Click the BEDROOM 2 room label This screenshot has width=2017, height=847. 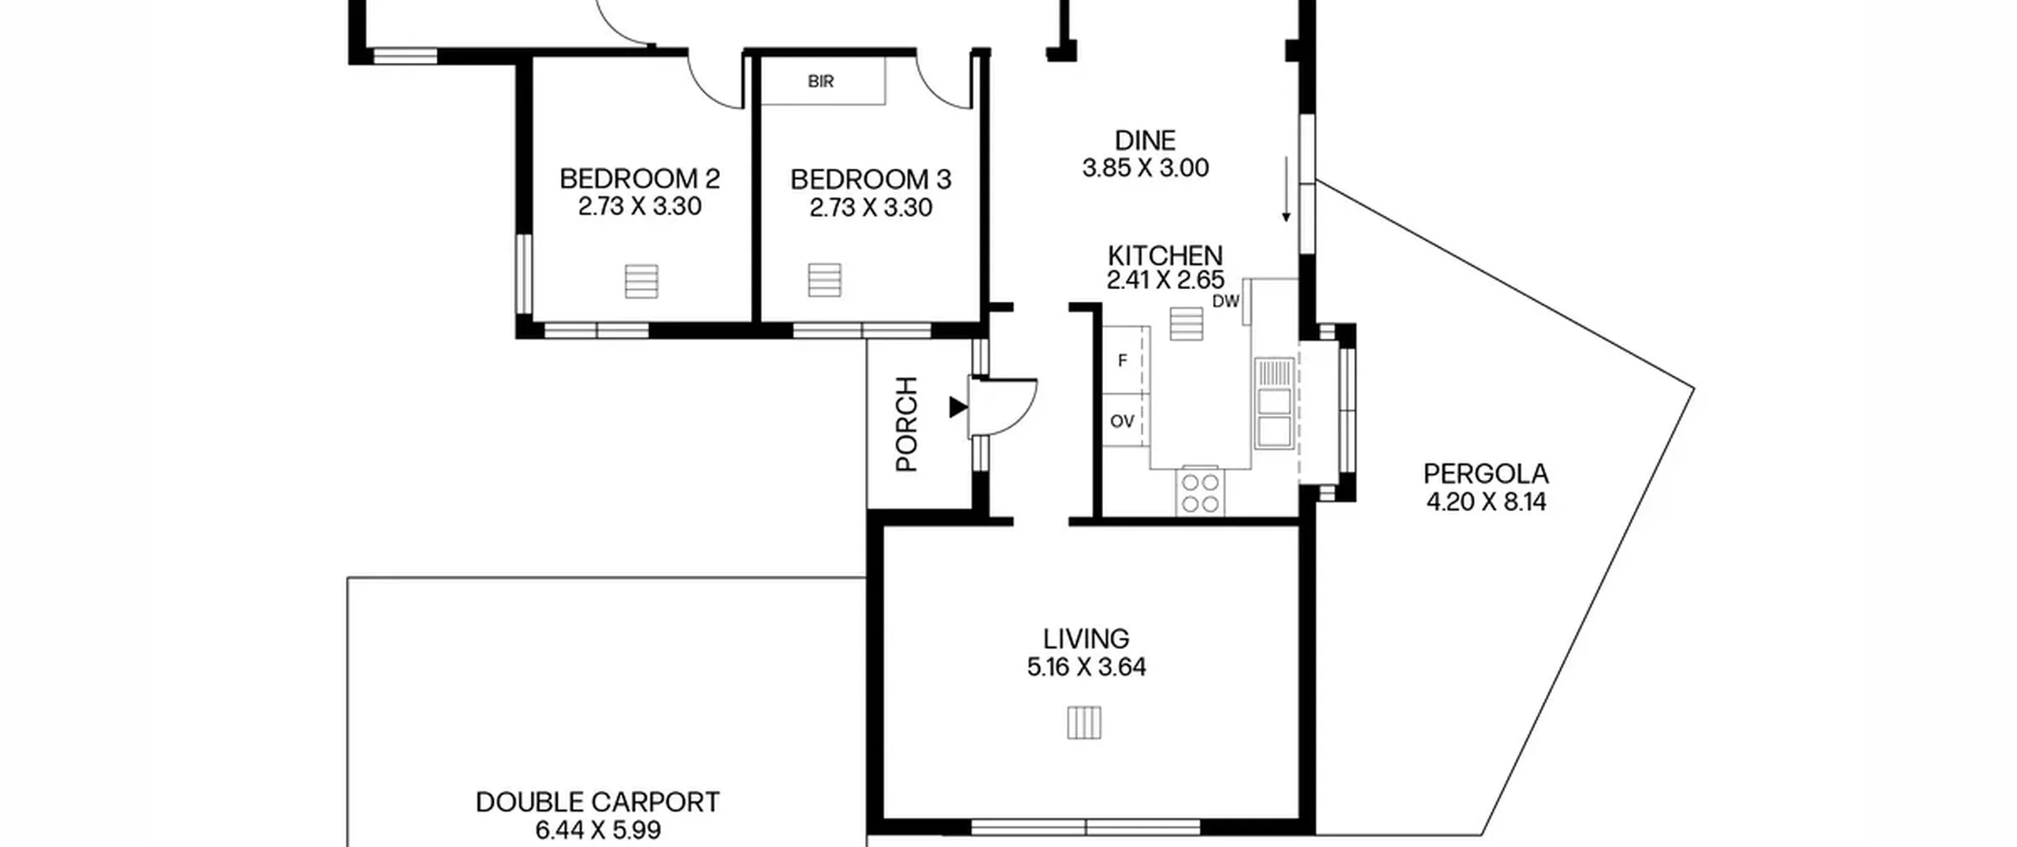pyautogui.click(x=639, y=179)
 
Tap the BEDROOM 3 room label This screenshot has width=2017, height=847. pyautogui.click(x=871, y=180)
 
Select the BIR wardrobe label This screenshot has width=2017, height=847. pyautogui.click(x=820, y=81)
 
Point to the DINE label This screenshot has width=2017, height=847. pyautogui.click(x=1145, y=140)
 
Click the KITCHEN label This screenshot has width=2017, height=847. pyautogui.click(x=1165, y=255)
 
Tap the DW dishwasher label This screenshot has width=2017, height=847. pyautogui.click(x=1226, y=301)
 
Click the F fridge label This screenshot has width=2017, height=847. pyautogui.click(x=1123, y=361)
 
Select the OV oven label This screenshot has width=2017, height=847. pyautogui.click(x=1122, y=422)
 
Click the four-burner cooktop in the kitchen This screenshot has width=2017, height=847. pyautogui.click(x=1200, y=492)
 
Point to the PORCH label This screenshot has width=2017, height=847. pyautogui.click(x=908, y=424)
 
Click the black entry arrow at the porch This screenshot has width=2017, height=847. pyautogui.click(x=958, y=407)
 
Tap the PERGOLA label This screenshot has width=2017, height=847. pyautogui.click(x=1486, y=474)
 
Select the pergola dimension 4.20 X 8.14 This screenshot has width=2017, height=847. pyautogui.click(x=1486, y=502)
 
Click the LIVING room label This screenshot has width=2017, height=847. pyautogui.click(x=1086, y=638)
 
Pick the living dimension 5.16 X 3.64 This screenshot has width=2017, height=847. pyautogui.click(x=1086, y=667)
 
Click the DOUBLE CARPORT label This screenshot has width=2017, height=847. pyautogui.click(x=597, y=802)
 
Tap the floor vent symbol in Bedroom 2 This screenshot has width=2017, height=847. pyautogui.click(x=641, y=281)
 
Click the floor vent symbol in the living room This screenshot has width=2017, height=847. pyautogui.click(x=1084, y=723)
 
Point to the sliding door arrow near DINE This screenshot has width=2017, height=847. pyautogui.click(x=1286, y=189)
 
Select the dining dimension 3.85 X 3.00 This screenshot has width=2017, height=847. pyautogui.click(x=1145, y=168)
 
